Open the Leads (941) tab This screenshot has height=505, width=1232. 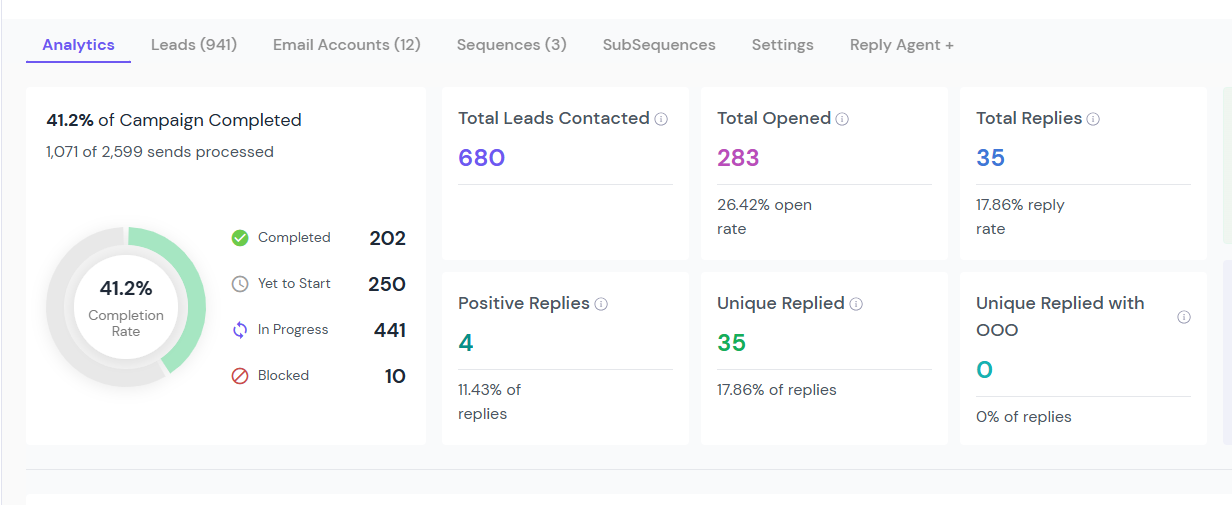pyautogui.click(x=194, y=45)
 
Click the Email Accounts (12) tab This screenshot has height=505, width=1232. pyautogui.click(x=346, y=45)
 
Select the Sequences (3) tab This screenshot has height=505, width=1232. pyautogui.click(x=512, y=45)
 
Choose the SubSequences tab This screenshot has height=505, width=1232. pyautogui.click(x=659, y=45)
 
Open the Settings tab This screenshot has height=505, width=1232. pyautogui.click(x=782, y=45)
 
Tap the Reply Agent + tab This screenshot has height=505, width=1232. pyautogui.click(x=901, y=45)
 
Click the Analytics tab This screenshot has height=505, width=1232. pyautogui.click(x=78, y=45)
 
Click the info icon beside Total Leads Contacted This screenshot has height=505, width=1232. pyautogui.click(x=661, y=119)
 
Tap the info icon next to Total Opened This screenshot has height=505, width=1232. pyautogui.click(x=842, y=119)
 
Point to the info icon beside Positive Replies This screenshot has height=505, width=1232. pyautogui.click(x=601, y=304)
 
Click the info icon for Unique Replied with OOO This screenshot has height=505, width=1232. pyautogui.click(x=1184, y=317)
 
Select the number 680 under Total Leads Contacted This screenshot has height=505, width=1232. pyautogui.click(x=481, y=158)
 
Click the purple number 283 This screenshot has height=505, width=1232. pyautogui.click(x=738, y=158)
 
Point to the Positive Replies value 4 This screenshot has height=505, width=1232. pyautogui.click(x=465, y=343)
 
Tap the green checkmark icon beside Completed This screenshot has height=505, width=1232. pyautogui.click(x=240, y=238)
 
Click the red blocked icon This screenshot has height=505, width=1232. pyautogui.click(x=240, y=376)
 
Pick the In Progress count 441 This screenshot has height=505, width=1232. pyautogui.click(x=389, y=330)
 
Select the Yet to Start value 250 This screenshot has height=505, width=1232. pyautogui.click(x=387, y=284)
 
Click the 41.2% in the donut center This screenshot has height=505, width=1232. pyautogui.click(x=126, y=288)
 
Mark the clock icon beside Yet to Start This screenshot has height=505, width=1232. pyautogui.click(x=240, y=284)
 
